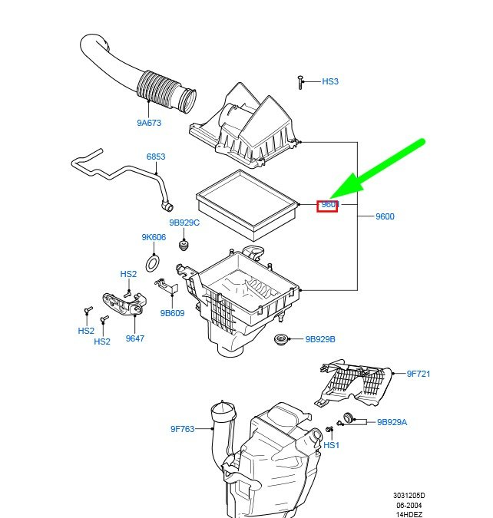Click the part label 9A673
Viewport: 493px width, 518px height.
pos(151,122)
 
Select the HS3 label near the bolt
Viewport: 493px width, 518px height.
pos(329,81)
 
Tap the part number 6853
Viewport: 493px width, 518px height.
pos(156,157)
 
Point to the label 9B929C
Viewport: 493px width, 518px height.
pos(184,223)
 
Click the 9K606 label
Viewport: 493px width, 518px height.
pos(154,237)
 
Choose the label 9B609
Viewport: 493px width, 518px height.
pos(172,312)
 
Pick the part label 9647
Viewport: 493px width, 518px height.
pos(135,338)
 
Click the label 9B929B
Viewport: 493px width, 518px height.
pos(320,339)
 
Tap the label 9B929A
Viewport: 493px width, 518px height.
pos(392,422)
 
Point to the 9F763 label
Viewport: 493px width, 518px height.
pos(183,429)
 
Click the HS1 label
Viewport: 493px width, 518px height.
pos(331,445)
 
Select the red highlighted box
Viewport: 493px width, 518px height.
pos(328,205)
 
